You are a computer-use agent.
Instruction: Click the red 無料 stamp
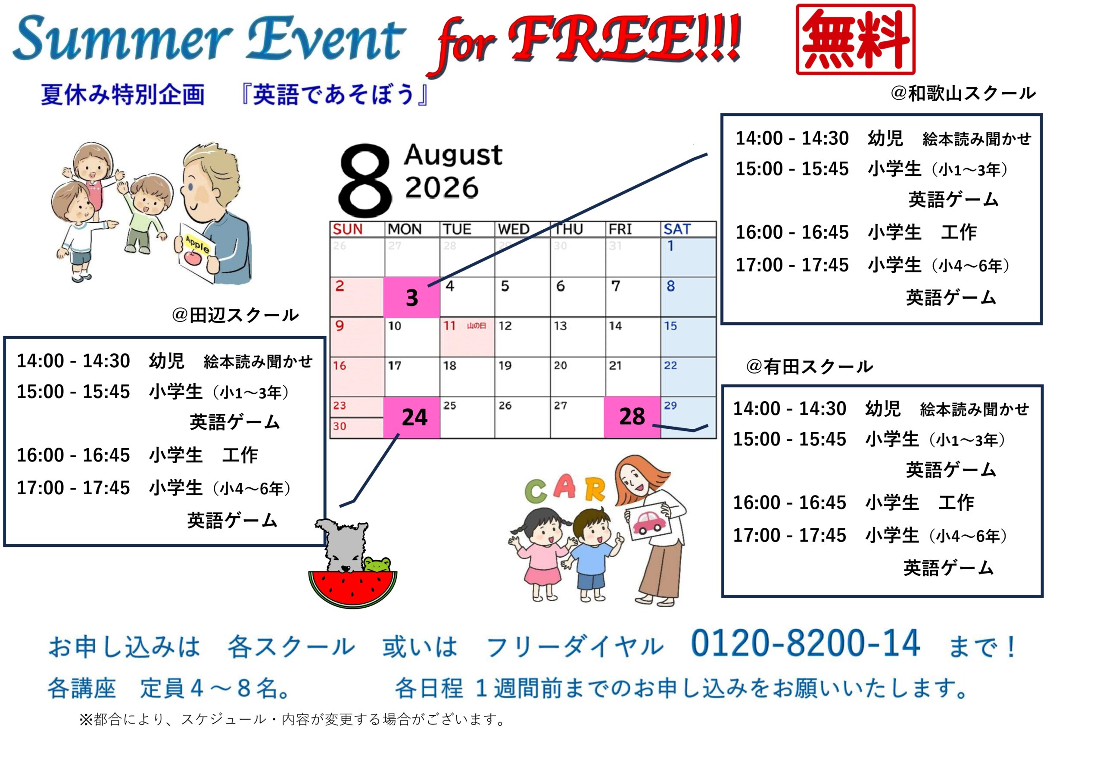pos(855,39)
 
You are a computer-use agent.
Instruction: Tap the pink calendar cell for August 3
pos(412,297)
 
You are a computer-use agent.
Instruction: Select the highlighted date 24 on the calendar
pos(412,417)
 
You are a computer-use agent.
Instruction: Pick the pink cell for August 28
pos(632,417)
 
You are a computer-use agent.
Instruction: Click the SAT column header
pos(677,229)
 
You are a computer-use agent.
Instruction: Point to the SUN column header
pos(348,229)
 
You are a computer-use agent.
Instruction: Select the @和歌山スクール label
pos(963,93)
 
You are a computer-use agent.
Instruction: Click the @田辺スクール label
pos(235,315)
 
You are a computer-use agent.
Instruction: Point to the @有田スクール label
pos(810,367)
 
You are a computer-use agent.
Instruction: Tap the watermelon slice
pos(352,589)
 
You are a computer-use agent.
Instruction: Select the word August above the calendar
pos(453,155)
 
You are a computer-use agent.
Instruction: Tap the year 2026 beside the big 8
pos(442,187)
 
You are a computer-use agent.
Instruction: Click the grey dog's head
pos(342,545)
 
